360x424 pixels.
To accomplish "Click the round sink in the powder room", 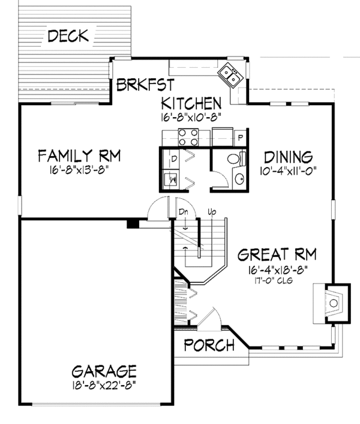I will coord(238,179).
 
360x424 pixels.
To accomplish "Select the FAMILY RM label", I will coord(79,157).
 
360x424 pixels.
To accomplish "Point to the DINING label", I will coord(289,157).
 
